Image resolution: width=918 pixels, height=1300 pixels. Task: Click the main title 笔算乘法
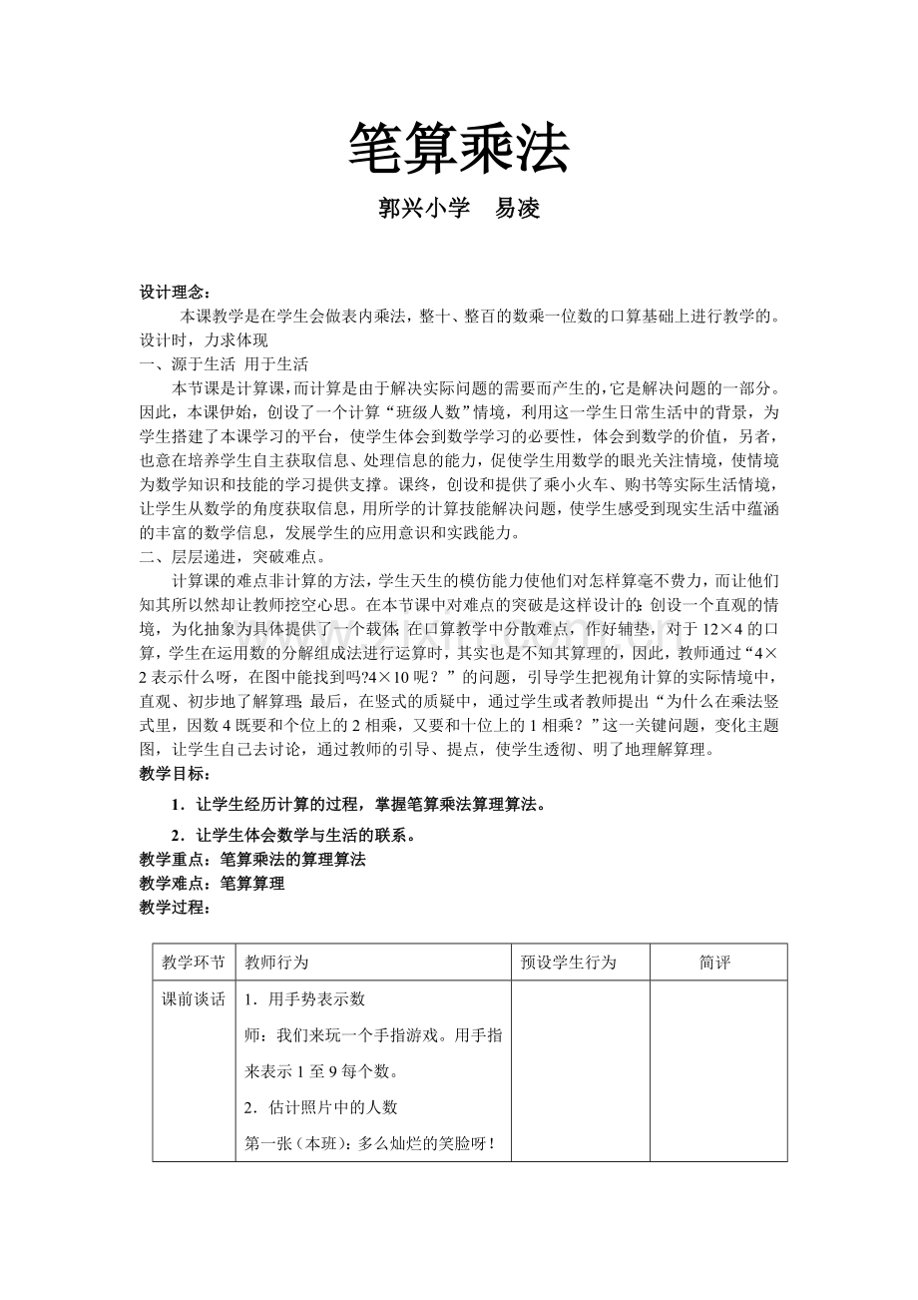coord(458,150)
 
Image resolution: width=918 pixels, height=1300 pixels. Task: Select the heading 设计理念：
coord(175,293)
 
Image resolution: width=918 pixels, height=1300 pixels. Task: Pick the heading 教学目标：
coord(175,774)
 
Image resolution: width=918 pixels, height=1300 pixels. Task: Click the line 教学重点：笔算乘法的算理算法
coord(251,859)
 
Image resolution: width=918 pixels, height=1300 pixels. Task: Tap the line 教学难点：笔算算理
coord(212,883)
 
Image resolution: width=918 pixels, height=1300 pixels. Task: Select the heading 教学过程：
coord(175,907)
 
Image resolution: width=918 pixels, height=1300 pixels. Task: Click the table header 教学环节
coord(194,963)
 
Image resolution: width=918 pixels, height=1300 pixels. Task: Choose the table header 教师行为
coord(276,963)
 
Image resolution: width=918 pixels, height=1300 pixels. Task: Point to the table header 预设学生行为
coord(569,963)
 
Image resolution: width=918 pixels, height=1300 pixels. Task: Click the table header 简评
coord(716,963)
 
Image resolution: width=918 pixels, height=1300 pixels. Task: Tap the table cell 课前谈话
coord(194,999)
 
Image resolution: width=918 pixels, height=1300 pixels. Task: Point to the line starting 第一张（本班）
coord(371,1143)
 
